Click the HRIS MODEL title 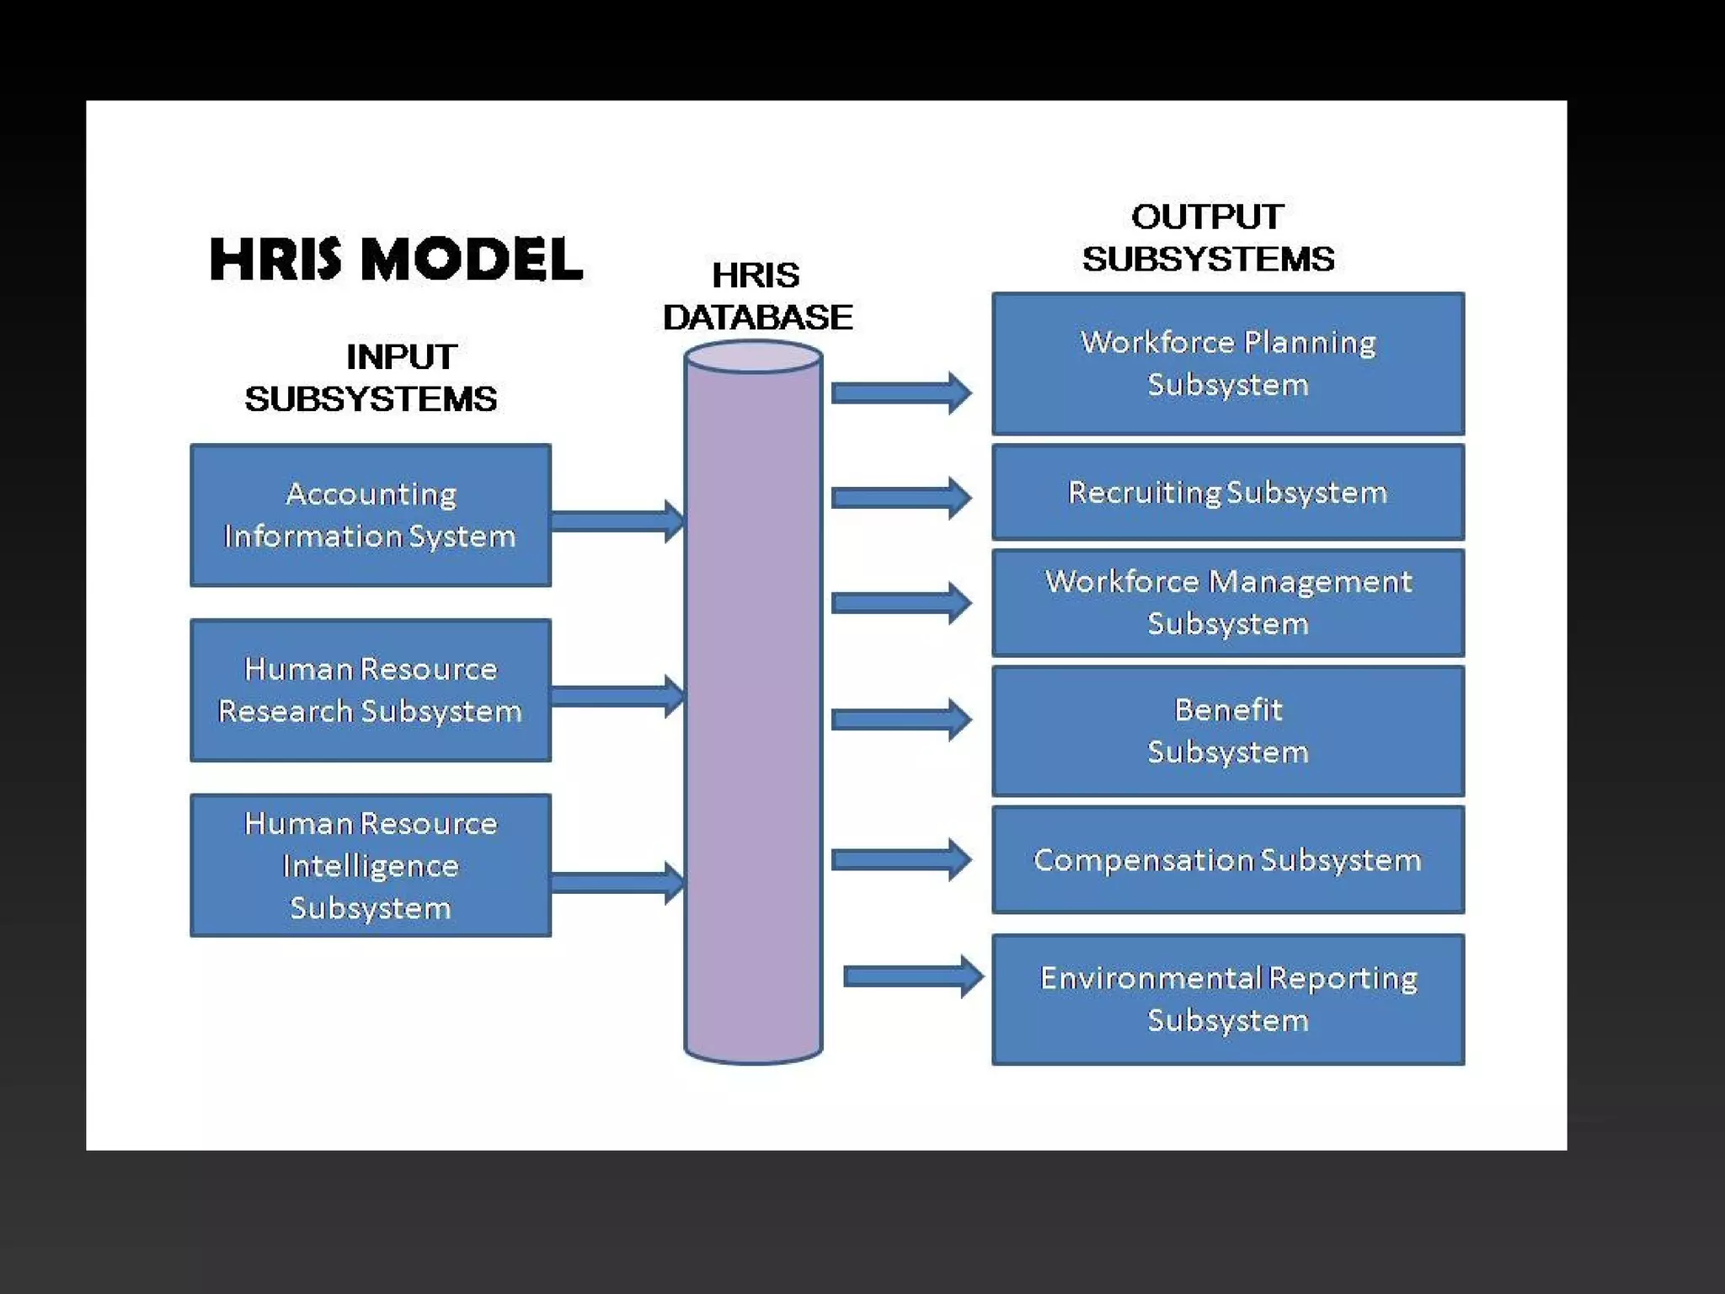[x=396, y=259]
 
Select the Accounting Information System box [x=371, y=515]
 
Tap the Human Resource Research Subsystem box [x=371, y=690]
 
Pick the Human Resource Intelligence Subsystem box [x=371, y=865]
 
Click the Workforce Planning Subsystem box [x=1227, y=363]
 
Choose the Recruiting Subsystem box [x=1227, y=492]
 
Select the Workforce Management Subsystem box [x=1227, y=602]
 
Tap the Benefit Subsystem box [x=1227, y=730]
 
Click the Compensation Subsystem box [x=1227, y=859]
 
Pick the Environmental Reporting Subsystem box [x=1227, y=999]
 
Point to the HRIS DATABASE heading [x=756, y=296]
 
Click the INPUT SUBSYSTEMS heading [x=371, y=377]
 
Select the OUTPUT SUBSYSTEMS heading [x=1208, y=238]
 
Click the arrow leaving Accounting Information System [x=617, y=521]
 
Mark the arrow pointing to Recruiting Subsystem [x=900, y=498]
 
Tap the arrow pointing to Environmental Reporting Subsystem [x=913, y=976]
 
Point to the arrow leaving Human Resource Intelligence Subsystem [x=617, y=883]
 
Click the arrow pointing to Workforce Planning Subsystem [x=900, y=393]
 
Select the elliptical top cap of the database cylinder [x=753, y=357]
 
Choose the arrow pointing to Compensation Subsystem [x=900, y=859]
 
